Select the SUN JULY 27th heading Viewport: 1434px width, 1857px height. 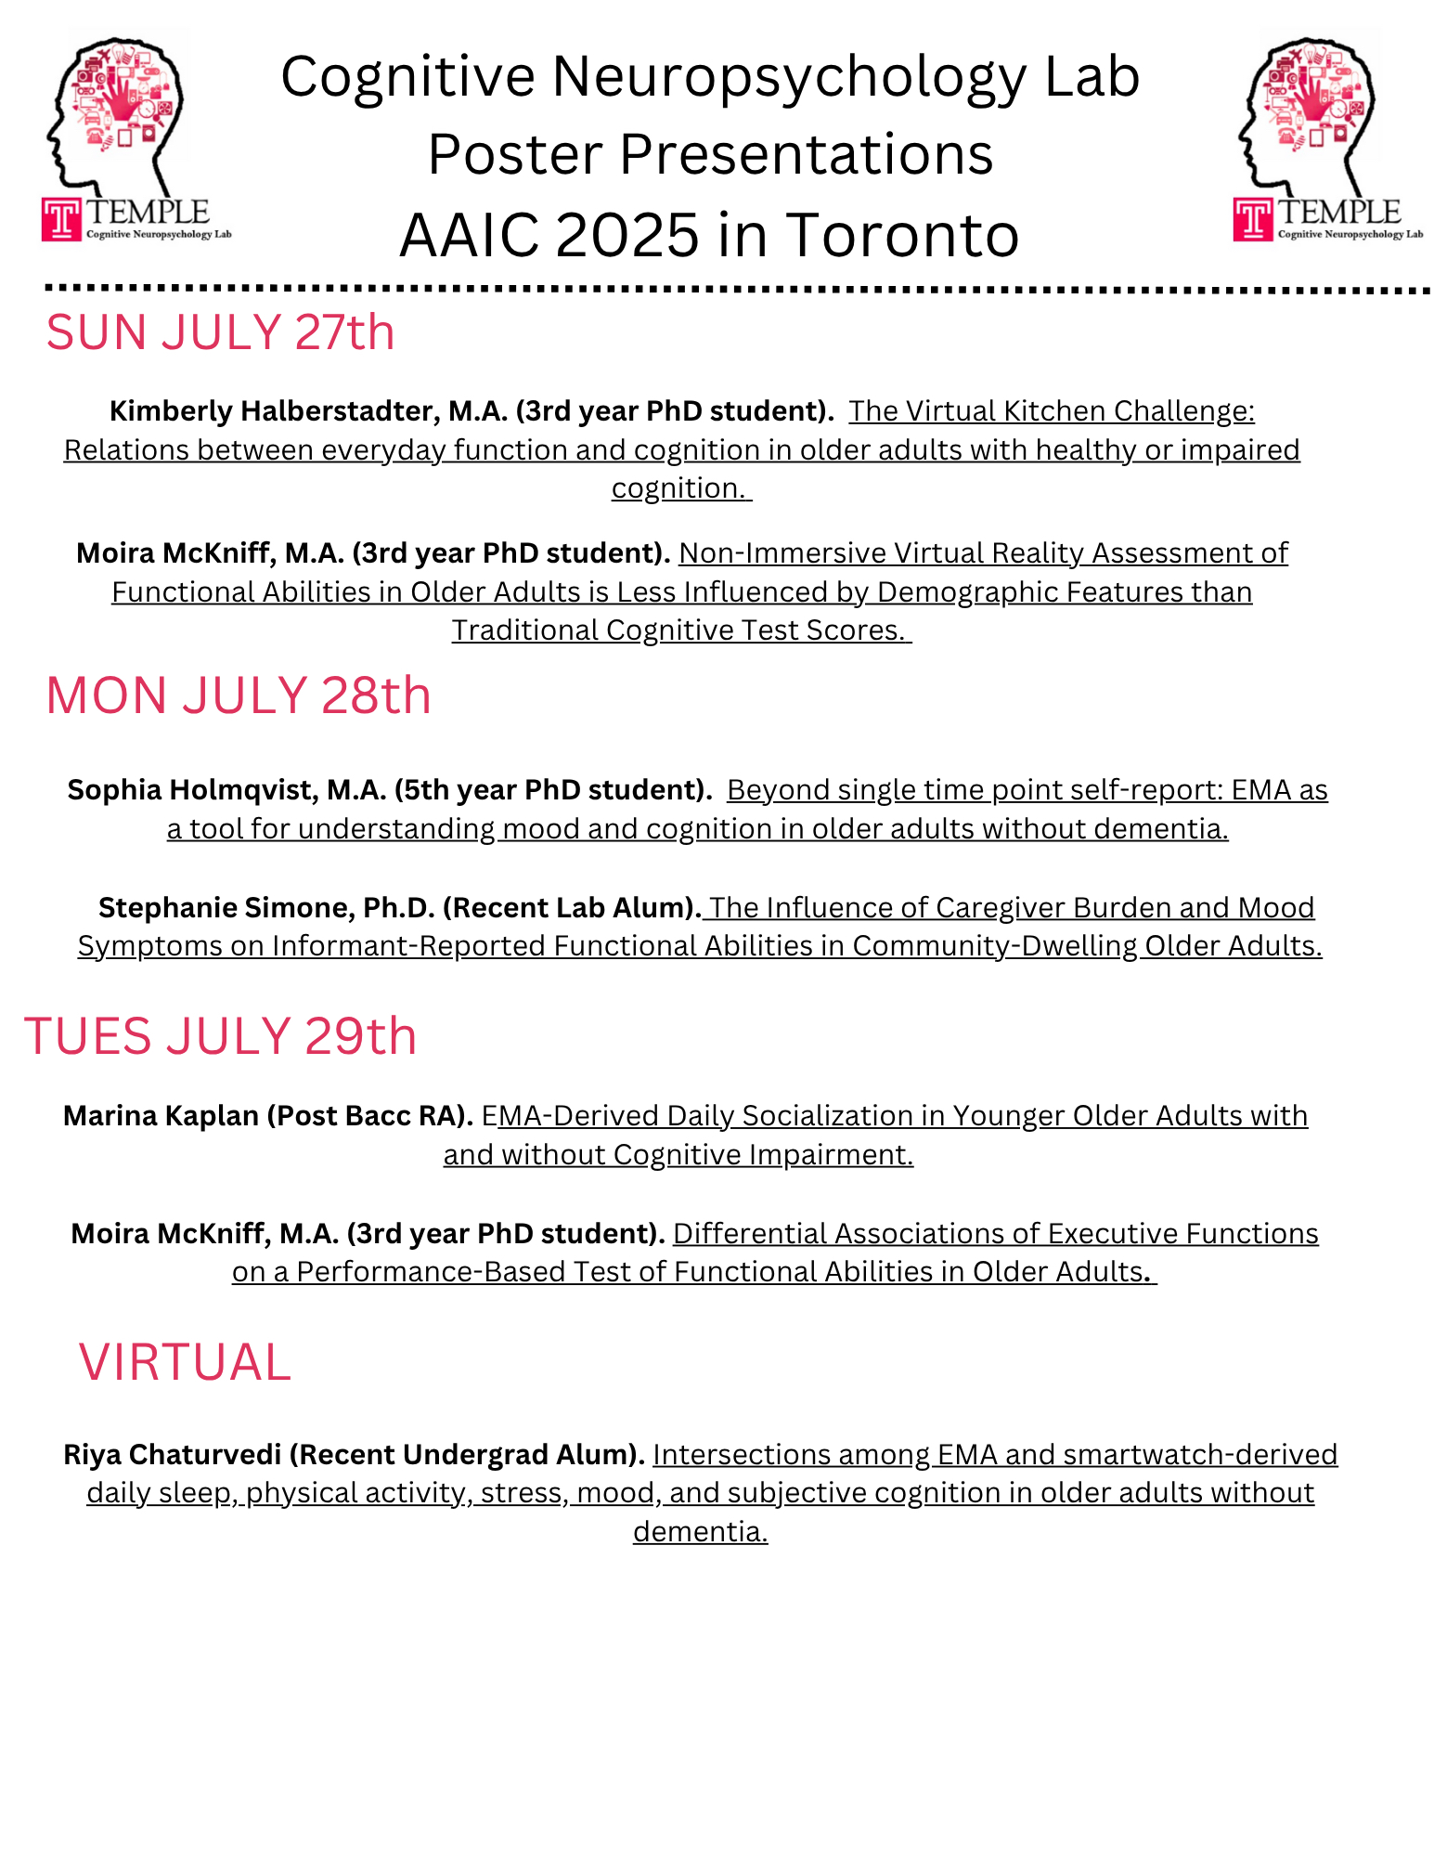pyautogui.click(x=220, y=332)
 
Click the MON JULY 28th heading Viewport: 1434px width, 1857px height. pyautogui.click(x=239, y=695)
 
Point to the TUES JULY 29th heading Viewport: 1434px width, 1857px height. pyautogui.click(x=220, y=1036)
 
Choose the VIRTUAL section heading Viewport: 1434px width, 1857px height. pyautogui.click(x=185, y=1362)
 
